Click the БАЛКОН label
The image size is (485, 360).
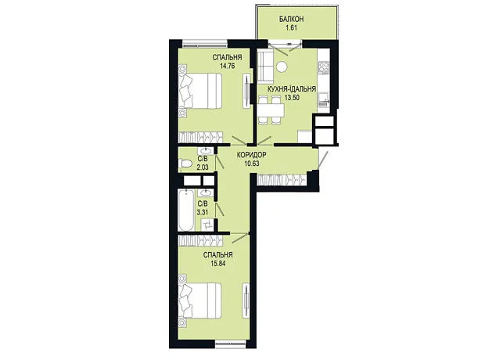tap(291, 20)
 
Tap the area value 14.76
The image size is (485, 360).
tap(228, 66)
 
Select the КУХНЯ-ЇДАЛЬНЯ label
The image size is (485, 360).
tap(292, 89)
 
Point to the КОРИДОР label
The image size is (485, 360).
tap(251, 155)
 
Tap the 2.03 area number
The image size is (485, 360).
tap(203, 167)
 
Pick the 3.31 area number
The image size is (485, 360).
tap(203, 212)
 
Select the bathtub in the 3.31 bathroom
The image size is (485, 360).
tap(186, 211)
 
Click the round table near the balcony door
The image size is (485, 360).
tap(282, 67)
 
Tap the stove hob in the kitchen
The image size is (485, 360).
tap(324, 68)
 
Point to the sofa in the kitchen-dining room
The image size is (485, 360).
tap(265, 66)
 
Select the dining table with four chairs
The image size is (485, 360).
tap(271, 110)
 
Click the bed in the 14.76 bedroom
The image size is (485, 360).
tap(200, 91)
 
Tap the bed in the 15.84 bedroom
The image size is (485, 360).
tap(200, 301)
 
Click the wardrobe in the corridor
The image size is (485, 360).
tap(282, 179)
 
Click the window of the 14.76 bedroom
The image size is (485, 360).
tap(205, 44)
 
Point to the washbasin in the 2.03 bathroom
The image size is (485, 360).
tap(205, 151)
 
